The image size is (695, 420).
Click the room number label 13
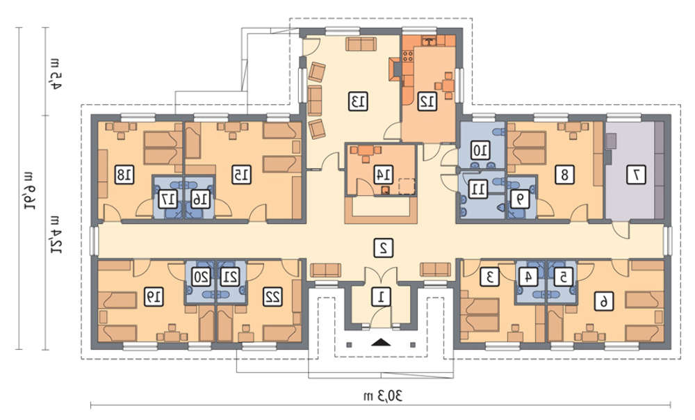click(358, 102)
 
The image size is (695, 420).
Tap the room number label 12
click(427, 102)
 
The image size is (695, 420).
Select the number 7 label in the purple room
click(636, 175)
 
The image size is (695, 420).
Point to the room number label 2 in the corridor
click(384, 248)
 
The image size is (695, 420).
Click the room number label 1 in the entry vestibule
click(380, 297)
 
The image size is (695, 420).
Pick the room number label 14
click(384, 175)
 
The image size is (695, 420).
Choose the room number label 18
click(124, 175)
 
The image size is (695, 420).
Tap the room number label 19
click(154, 297)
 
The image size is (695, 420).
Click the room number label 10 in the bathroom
click(480, 151)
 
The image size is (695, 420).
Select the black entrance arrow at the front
click(381, 342)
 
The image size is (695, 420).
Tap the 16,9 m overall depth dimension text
click(29, 189)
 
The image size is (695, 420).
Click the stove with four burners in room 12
click(408, 56)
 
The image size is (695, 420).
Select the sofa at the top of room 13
click(361, 44)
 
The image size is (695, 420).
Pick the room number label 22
click(272, 297)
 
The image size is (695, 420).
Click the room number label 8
click(564, 175)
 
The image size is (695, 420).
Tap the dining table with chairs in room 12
click(445, 84)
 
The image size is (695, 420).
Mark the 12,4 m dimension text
click(56, 234)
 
